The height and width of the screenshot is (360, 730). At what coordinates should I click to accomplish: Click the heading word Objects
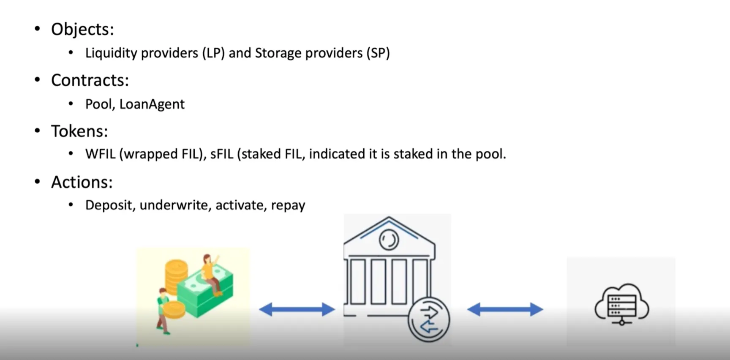click(82, 30)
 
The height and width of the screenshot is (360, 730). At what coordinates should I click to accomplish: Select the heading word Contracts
click(90, 80)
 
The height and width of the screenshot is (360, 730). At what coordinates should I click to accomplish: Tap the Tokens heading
click(79, 131)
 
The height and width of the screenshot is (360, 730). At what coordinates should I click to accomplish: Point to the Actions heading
click(82, 182)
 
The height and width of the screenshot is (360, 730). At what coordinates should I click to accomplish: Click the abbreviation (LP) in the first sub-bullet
click(213, 53)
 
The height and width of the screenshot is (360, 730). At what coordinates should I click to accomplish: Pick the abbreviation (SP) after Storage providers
click(378, 53)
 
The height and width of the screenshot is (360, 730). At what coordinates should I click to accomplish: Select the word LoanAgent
click(152, 104)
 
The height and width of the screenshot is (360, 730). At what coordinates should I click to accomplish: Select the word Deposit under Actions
click(110, 205)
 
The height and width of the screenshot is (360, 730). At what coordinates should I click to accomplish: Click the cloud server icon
click(621, 304)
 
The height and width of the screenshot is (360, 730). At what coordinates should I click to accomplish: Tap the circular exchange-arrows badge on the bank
click(428, 319)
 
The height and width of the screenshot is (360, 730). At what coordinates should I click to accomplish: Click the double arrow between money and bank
click(297, 309)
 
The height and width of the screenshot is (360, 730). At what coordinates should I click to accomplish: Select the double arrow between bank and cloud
click(505, 309)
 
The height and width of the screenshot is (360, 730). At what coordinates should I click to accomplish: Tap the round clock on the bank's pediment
click(389, 240)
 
